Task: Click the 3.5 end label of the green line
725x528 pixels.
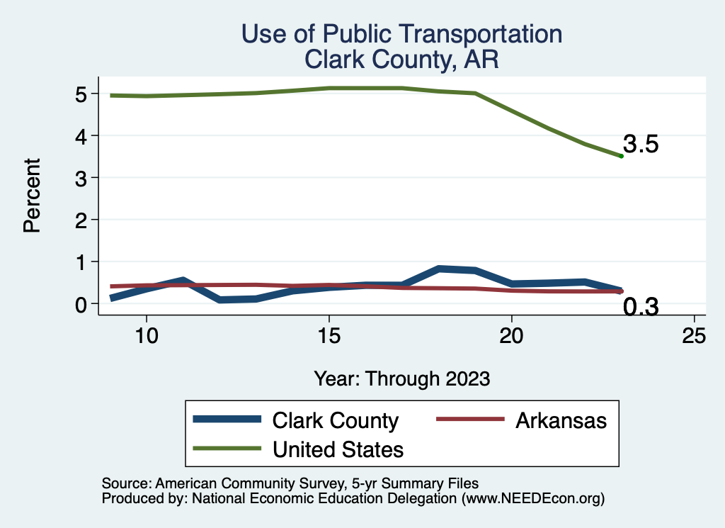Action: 641,145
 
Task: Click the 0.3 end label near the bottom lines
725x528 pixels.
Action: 641,307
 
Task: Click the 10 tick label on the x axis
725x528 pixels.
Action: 146,335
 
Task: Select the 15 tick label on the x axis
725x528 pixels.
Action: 329,335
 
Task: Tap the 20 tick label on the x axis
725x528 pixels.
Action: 511,335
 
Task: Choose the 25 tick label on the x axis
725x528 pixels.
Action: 694,335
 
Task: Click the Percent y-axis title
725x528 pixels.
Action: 31,196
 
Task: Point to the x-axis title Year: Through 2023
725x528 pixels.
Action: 401,378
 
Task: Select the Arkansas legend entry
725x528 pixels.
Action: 561,420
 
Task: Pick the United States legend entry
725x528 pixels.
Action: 338,449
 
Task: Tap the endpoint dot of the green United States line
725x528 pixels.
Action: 621,156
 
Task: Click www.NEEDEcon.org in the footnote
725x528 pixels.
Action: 533,498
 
